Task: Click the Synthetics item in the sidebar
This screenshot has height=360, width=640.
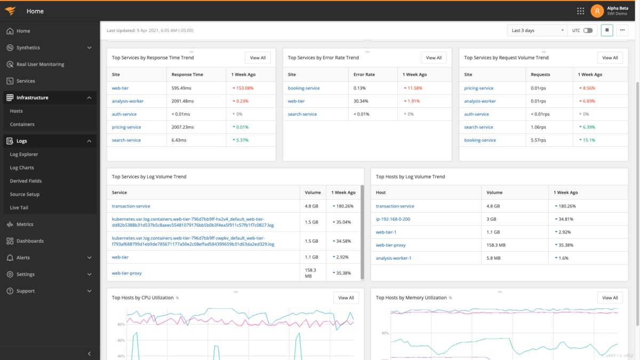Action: (x=28, y=47)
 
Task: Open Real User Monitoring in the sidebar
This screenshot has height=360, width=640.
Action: (x=40, y=65)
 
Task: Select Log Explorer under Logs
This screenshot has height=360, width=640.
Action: (x=24, y=155)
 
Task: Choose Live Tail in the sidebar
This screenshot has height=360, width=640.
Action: (x=19, y=208)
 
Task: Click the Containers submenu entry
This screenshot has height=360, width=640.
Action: (x=22, y=124)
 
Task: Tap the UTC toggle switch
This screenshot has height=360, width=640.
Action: (x=588, y=30)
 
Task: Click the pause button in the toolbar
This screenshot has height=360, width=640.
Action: (x=606, y=30)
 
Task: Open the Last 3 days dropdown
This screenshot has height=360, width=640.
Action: (x=537, y=30)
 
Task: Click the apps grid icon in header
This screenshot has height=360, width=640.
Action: (x=581, y=11)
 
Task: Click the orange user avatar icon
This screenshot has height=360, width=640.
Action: (x=597, y=11)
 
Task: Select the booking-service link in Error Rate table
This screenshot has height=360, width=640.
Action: (x=303, y=88)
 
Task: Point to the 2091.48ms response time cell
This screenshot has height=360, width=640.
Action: (x=184, y=101)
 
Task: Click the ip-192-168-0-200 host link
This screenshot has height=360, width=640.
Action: (x=393, y=219)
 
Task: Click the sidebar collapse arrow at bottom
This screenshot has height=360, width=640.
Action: (x=89, y=354)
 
